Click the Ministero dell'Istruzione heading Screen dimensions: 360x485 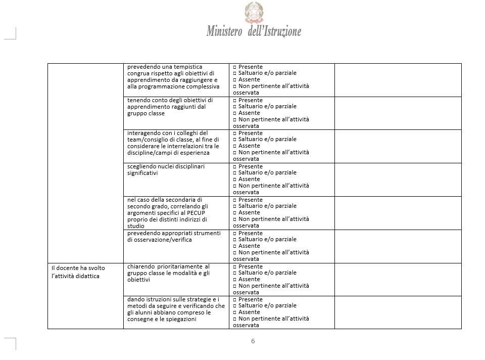[x=254, y=31]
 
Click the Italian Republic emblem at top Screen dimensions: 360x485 [x=254, y=12]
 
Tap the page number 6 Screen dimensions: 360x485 [x=253, y=341]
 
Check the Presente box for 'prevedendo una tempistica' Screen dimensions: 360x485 [x=235, y=67]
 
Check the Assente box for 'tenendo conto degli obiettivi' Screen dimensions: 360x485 [x=235, y=113]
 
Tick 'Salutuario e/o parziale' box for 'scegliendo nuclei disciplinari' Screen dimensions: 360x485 [x=235, y=173]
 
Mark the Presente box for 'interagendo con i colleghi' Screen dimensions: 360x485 [x=235, y=133]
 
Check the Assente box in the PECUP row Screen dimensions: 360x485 [x=235, y=212]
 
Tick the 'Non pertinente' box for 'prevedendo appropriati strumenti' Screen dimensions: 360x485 [x=235, y=252]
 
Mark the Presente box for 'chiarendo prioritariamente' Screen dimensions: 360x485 [x=235, y=266]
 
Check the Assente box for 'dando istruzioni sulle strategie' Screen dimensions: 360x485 [x=235, y=312]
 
